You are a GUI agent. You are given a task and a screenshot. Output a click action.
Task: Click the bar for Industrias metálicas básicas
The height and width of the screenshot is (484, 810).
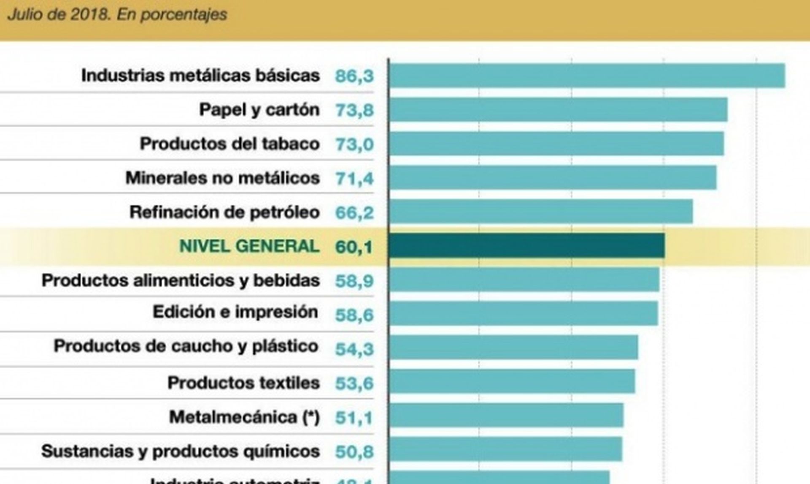(587, 76)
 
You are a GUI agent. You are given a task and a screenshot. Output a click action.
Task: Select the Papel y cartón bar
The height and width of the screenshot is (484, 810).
(558, 110)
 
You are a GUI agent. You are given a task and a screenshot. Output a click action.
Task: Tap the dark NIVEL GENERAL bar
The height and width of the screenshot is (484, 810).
(526, 246)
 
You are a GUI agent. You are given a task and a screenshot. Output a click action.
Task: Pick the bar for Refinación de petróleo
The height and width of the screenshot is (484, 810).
(540, 211)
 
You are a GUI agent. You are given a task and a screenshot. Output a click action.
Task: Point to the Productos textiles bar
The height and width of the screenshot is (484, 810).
(512, 381)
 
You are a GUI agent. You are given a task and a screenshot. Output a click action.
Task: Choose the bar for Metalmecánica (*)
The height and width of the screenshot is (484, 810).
(506, 416)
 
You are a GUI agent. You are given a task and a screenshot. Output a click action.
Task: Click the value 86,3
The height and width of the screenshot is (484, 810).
(354, 76)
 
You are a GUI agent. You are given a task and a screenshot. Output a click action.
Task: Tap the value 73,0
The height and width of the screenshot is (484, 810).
(354, 144)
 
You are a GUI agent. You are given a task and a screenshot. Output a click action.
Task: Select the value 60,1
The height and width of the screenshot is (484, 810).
(354, 247)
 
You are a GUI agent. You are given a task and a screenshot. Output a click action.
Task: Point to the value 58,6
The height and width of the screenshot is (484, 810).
(354, 315)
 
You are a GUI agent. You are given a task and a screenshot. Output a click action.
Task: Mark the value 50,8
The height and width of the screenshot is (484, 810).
(354, 452)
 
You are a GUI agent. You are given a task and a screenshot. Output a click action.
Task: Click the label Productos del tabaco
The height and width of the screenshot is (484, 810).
(229, 144)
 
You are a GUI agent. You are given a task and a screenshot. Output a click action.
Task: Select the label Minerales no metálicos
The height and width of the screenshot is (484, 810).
(222, 178)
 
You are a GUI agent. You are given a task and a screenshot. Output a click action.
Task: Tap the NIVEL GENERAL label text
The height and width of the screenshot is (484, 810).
(249, 246)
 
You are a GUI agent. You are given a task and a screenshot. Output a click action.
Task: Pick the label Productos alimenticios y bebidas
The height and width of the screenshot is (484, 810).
(181, 280)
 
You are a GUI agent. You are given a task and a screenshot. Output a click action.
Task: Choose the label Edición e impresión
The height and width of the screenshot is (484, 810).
(235, 312)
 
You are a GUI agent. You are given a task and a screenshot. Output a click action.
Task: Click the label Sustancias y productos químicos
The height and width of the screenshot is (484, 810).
(180, 451)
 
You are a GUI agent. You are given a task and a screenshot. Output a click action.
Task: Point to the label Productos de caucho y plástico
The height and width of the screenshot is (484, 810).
(186, 346)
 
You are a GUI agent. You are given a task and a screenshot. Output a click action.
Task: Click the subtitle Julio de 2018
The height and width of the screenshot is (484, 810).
(117, 14)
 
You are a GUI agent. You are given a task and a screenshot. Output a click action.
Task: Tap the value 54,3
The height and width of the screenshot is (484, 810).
(354, 349)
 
